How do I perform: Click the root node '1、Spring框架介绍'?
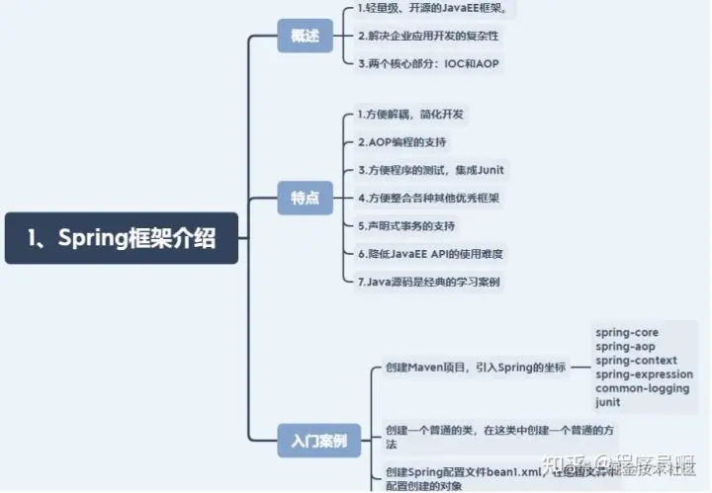click(122, 238)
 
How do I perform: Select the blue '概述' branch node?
click(305, 36)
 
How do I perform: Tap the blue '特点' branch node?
click(305, 198)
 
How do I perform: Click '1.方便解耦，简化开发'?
click(410, 115)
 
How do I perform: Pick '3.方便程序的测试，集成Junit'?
click(430, 170)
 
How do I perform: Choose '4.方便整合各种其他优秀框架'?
click(428, 198)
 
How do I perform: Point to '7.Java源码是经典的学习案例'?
click(428, 282)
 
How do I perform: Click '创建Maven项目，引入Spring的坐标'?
click(475, 368)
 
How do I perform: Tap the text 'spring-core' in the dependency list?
click(627, 333)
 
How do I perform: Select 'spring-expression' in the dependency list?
click(644, 374)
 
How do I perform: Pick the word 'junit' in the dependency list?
click(608, 402)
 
